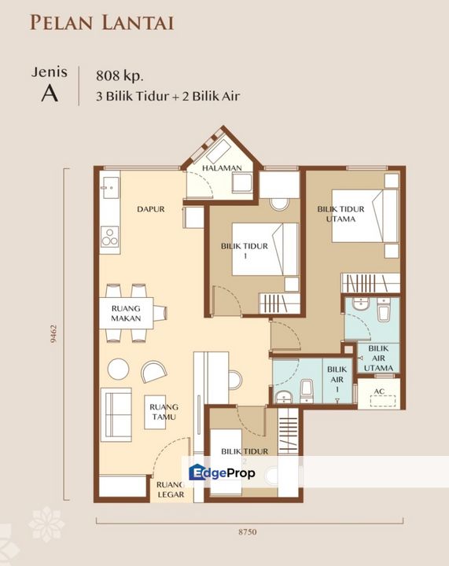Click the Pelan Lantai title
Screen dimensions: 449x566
pos(102,23)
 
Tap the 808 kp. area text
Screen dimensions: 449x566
pos(120,75)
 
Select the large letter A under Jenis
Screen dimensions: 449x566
pos(50,94)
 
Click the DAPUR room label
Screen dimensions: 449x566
pos(150,209)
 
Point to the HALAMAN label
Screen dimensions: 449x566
pos(222,168)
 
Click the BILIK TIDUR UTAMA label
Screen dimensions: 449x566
pos(340,214)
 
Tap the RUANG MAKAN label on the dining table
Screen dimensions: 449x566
pos(126,314)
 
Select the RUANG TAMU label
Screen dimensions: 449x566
pos(164,412)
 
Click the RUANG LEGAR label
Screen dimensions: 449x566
pos(171,490)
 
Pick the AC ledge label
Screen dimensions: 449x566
pos(379,391)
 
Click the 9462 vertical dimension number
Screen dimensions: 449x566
pos(53,333)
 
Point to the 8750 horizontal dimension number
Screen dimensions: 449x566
pos(248,531)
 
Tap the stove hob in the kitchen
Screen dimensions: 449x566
pos(110,237)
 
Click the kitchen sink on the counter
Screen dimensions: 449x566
pos(110,188)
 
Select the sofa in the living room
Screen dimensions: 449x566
pos(116,415)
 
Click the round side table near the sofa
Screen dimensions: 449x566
pos(119,369)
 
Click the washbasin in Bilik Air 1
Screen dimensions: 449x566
pos(284,397)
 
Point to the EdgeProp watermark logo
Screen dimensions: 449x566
pos(222,472)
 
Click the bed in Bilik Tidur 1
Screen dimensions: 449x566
pos(265,249)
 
